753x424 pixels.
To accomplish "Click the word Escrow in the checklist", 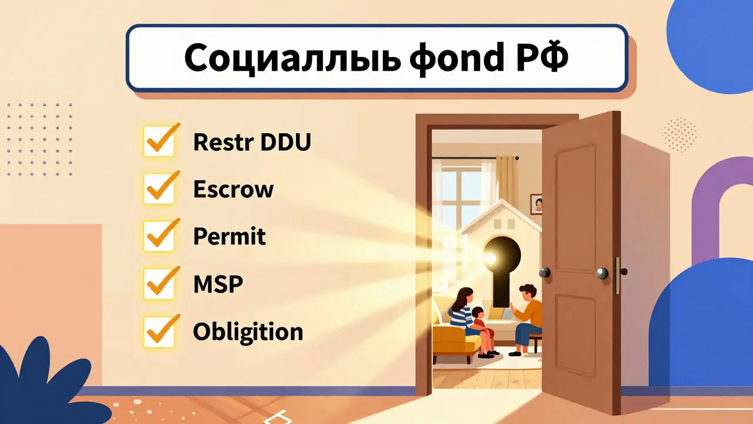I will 233,190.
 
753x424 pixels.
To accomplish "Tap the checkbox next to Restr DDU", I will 159,142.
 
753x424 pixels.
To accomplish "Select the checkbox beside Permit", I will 159,237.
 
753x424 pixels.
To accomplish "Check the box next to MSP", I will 159,284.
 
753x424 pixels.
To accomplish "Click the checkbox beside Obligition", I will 159,332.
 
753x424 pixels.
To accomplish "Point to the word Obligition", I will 248,332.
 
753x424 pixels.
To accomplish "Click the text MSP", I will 218,284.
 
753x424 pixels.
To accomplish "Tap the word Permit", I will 229,237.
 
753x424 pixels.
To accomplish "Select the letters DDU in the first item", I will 285,142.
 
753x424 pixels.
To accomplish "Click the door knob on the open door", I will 603,273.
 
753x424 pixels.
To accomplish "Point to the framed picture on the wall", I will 537,204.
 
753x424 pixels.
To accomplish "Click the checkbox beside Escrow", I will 159,190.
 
